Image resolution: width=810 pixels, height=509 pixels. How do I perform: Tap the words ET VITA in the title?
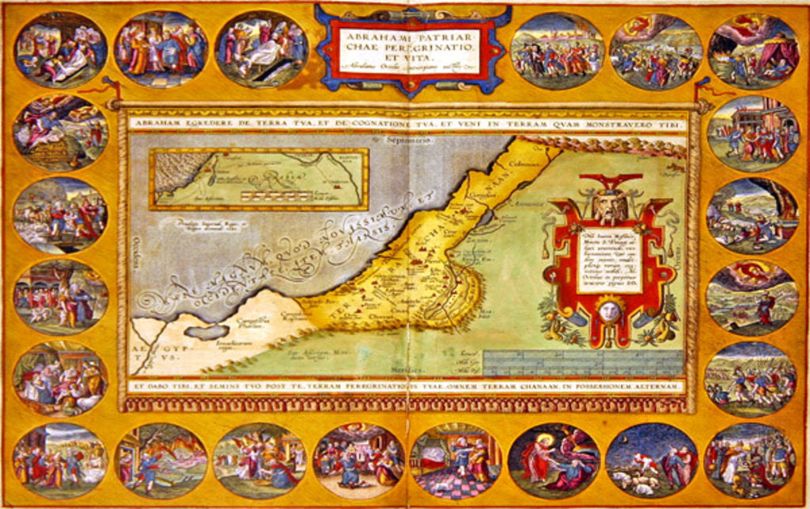click(413, 58)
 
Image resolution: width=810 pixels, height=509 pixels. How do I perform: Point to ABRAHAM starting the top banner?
click(159, 122)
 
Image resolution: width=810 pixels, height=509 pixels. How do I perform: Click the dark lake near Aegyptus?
click(204, 331)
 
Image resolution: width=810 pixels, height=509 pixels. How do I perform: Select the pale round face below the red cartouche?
click(607, 311)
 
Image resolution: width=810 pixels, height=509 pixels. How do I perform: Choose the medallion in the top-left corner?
click(60, 48)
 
